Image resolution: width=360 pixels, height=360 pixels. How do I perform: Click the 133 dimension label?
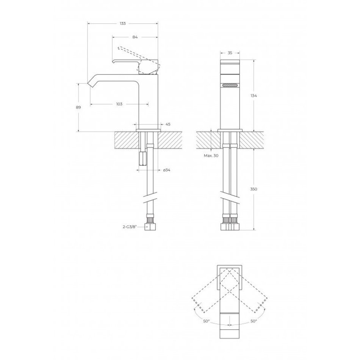click(x=123, y=23)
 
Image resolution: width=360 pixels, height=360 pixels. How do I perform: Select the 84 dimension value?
click(x=135, y=37)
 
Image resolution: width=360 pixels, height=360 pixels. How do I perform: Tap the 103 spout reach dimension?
click(x=119, y=104)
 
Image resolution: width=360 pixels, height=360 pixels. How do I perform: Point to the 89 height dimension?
click(x=78, y=107)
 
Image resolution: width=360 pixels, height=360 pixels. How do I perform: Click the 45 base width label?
click(x=168, y=124)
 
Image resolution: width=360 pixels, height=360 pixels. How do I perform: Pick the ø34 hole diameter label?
click(x=166, y=170)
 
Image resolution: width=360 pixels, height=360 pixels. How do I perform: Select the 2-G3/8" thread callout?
click(x=130, y=227)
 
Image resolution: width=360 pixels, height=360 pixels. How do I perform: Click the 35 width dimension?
click(x=230, y=53)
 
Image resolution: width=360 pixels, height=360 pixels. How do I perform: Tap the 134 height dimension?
click(x=254, y=95)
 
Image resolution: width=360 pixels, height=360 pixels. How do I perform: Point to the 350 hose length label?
click(x=254, y=189)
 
